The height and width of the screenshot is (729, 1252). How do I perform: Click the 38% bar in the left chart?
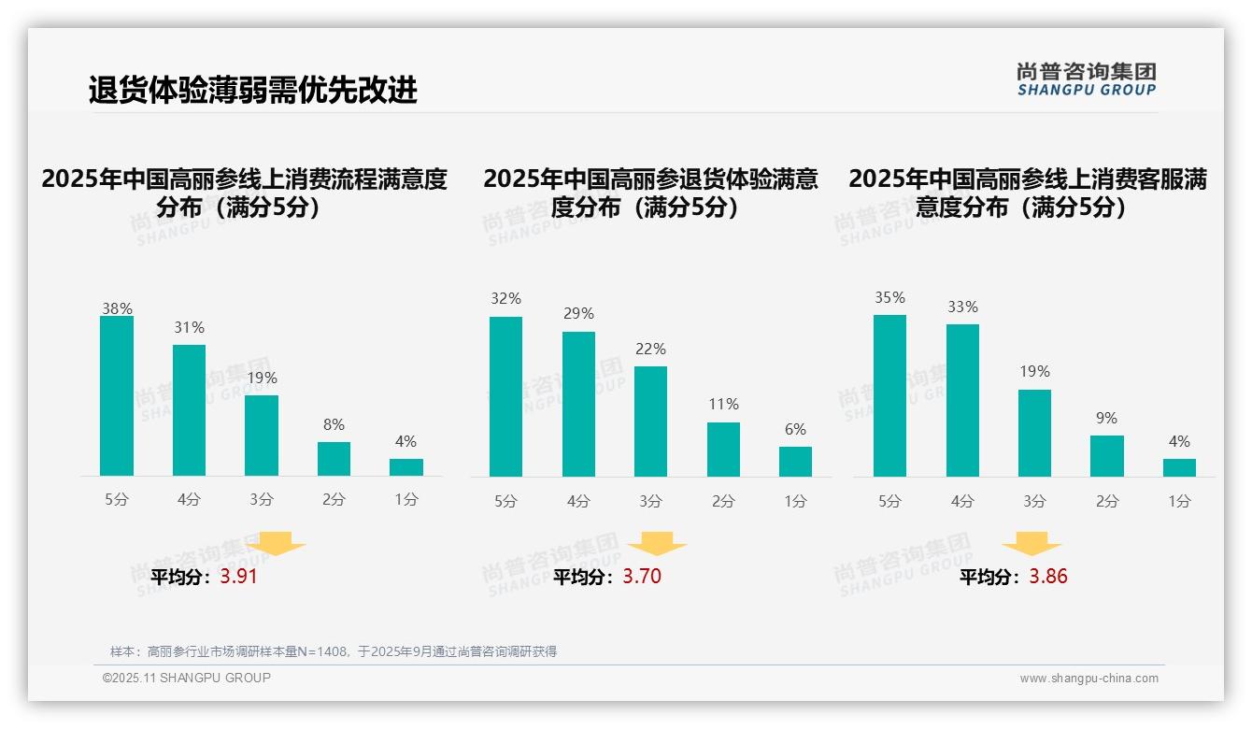coord(117,396)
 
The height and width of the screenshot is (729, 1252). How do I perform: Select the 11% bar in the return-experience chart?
coord(723,450)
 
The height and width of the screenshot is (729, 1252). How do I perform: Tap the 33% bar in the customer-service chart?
coord(962,400)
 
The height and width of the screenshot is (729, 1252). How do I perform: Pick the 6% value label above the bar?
coord(795,429)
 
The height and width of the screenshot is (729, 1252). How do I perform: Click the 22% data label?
coord(650,349)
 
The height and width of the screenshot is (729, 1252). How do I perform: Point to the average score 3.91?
coord(238,577)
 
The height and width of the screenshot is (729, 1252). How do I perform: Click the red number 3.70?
coord(642,577)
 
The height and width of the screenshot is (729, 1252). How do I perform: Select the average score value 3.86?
coord(1048,577)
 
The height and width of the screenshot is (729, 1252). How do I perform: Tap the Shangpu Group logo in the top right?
coord(1087,79)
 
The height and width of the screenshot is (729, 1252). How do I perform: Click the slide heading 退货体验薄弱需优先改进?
coord(252,90)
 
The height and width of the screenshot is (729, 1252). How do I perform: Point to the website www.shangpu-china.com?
coord(1088,679)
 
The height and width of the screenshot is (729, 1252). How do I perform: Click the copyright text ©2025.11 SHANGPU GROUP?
coord(187,678)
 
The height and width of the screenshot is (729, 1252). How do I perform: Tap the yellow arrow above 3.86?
coord(1031,545)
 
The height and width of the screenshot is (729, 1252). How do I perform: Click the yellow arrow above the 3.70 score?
coord(657,545)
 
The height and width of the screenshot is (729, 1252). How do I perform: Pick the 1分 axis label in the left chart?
coord(406,500)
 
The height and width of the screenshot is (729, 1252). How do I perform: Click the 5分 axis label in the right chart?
coord(889,502)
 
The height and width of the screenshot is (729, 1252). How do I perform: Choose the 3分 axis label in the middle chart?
coord(650,502)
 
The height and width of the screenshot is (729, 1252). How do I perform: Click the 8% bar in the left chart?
coord(334,459)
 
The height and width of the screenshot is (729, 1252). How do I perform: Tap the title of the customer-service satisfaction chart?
coord(1028,193)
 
